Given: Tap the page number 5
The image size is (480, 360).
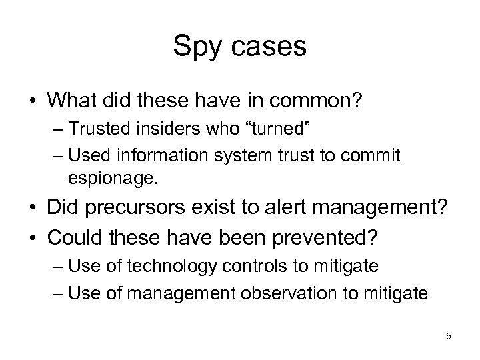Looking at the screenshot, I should tap(448, 336).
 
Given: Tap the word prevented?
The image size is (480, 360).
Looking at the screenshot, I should tap(339, 238).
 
